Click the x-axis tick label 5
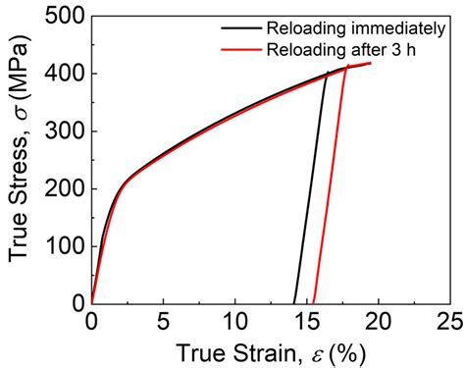point(163,321)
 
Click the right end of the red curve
point(370,63)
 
